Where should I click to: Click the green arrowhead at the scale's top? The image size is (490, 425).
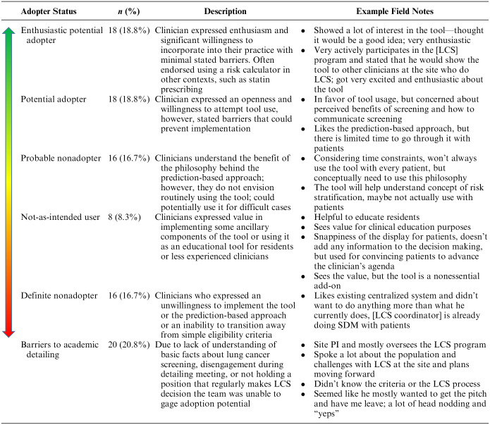pyautogui.click(x=10, y=32)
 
